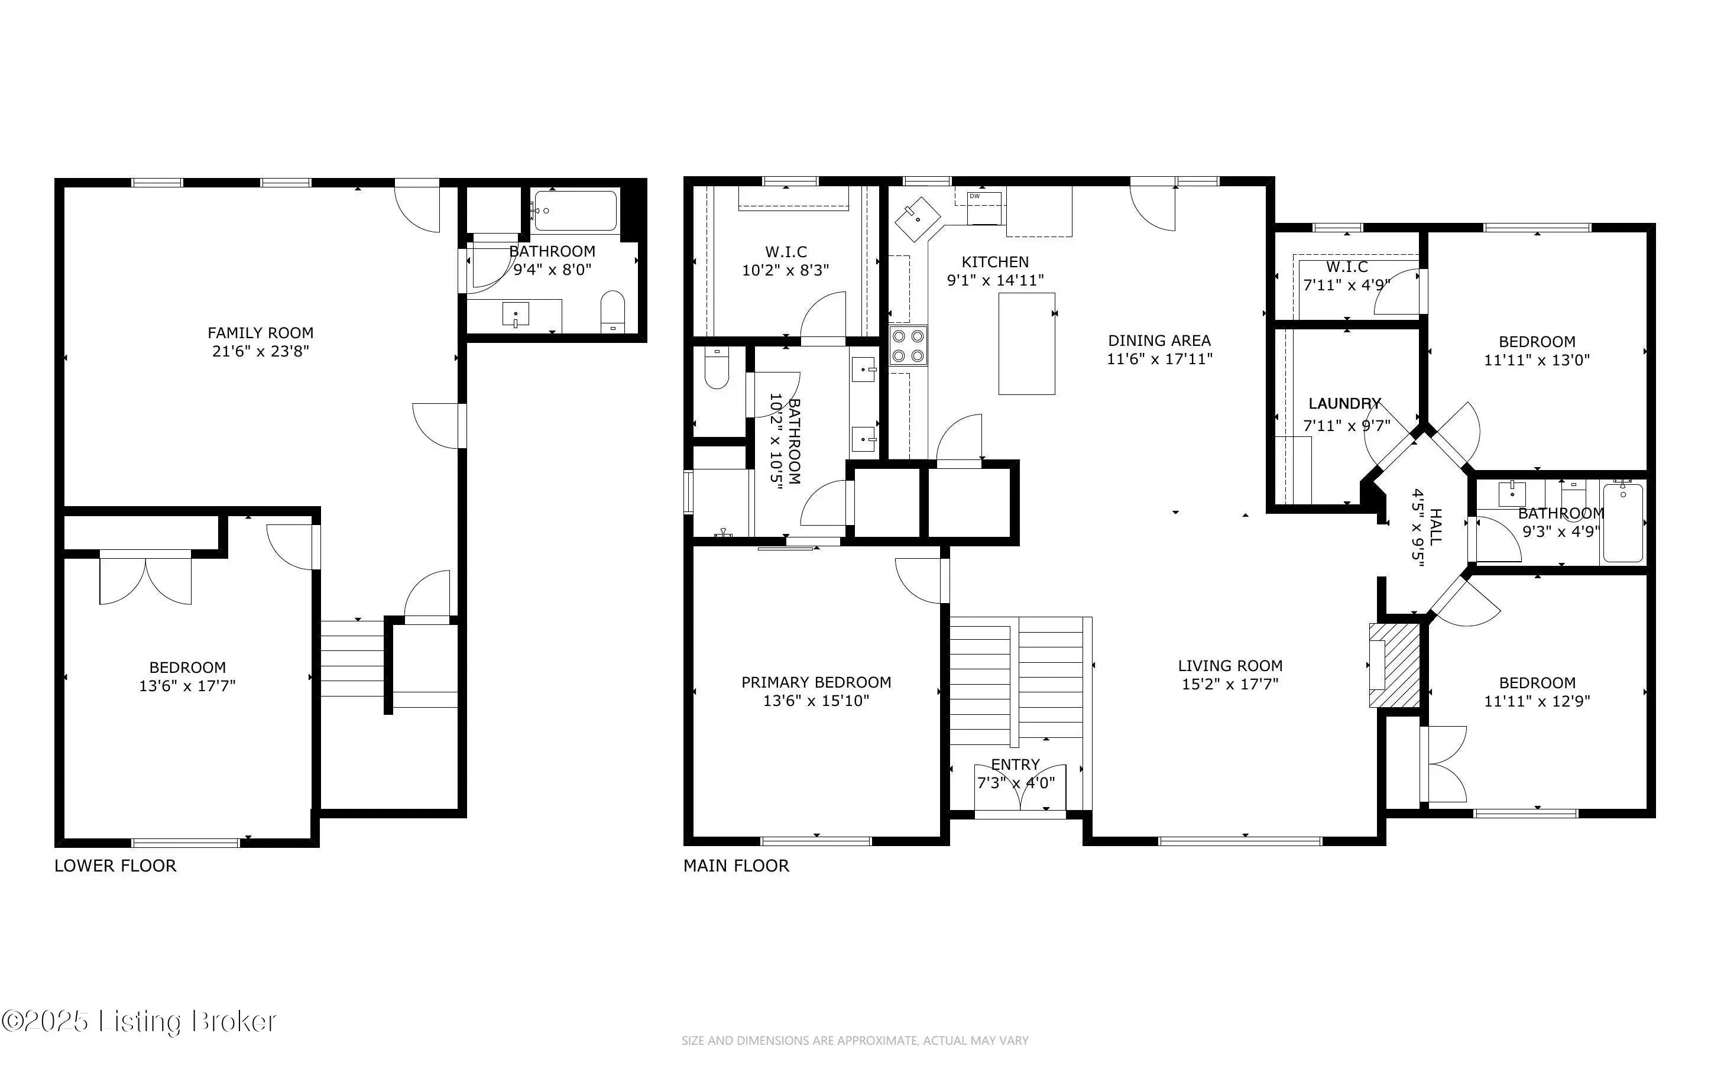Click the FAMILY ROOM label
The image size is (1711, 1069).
point(260,333)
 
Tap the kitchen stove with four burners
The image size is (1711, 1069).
point(908,346)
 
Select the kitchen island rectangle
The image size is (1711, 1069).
point(1026,344)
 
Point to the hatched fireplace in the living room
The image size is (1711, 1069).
point(1394,665)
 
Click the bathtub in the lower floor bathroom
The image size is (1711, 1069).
point(575,210)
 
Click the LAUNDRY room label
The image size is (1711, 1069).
point(1344,404)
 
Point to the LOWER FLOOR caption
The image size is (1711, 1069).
point(115,866)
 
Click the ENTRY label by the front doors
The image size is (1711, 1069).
point(1015,765)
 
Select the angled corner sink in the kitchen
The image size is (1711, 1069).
point(918,220)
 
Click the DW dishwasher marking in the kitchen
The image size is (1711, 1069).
point(974,196)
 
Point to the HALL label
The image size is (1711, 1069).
point(1435,527)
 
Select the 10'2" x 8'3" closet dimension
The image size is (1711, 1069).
point(785,270)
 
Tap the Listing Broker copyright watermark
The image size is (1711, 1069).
point(138,1022)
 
